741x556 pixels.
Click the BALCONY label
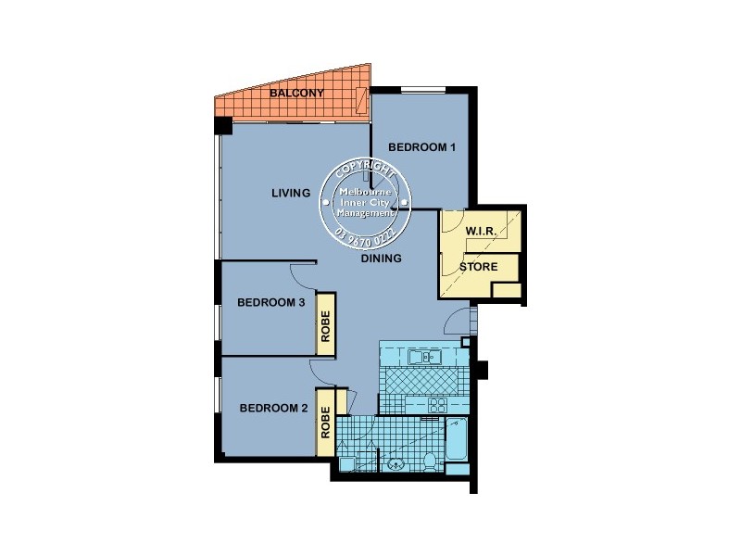(296, 95)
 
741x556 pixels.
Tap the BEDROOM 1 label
(421, 147)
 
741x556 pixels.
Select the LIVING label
(290, 194)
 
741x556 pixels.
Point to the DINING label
(381, 259)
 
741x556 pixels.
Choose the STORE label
(479, 267)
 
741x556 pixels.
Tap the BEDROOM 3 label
(271, 302)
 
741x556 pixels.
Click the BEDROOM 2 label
(272, 409)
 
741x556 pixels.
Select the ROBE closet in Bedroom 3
(326, 323)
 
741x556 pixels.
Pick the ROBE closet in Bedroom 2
(326, 423)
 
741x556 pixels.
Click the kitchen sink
(426, 357)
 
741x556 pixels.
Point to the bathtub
(458, 444)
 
